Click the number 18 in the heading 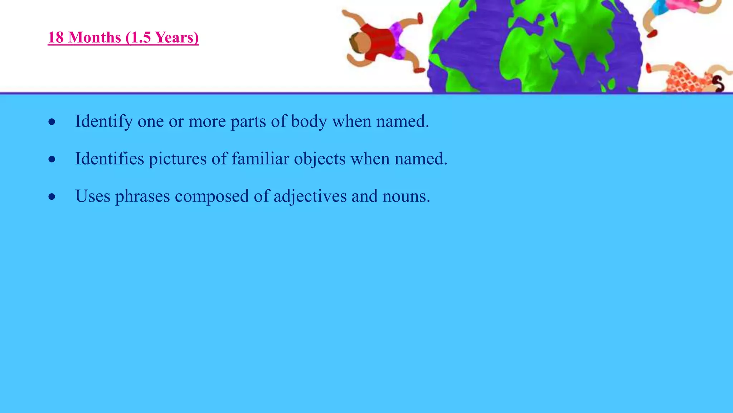pos(55,38)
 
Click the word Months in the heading pos(94,38)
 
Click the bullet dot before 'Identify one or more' pos(52,122)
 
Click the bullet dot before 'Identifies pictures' pos(52,159)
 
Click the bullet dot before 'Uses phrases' pos(52,196)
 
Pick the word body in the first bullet pos(309,121)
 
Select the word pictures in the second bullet pos(178,158)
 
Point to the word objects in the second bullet pos(320,158)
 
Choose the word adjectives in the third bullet pos(310,196)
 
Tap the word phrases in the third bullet pos(142,196)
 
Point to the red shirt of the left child pos(379,41)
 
